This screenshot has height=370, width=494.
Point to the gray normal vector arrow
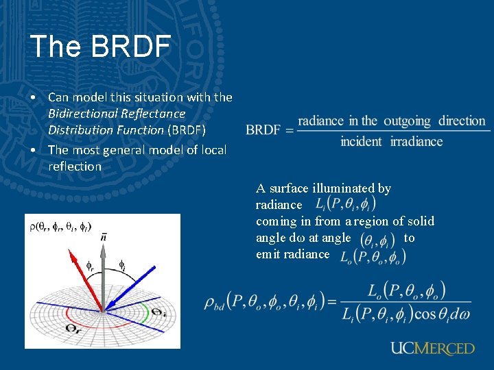pos(103,274)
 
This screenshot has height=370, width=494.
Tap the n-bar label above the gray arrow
pos(104,237)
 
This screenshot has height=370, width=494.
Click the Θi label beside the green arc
pos(158,312)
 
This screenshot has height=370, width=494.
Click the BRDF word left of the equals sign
pos(263,130)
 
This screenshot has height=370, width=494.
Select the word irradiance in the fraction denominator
pos(416,142)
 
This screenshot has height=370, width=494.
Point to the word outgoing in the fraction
pos(407,121)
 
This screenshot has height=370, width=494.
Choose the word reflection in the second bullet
pos(75,166)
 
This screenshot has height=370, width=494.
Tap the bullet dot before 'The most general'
pos(33,149)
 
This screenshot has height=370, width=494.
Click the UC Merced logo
pos(432,348)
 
